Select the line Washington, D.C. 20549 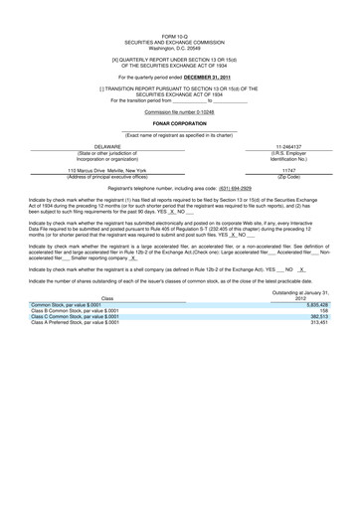click(x=180, y=48)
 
